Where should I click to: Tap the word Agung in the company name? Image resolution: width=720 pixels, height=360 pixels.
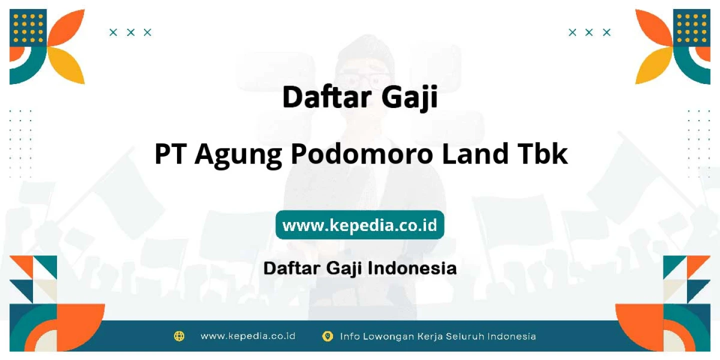pos(238,155)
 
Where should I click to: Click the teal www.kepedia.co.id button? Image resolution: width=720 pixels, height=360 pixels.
pos(359,224)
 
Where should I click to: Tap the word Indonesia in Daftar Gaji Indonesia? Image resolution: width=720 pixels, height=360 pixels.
pos(412,268)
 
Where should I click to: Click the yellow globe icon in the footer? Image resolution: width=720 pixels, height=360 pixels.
pos(179,336)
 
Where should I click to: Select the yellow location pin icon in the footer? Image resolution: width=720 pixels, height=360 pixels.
pos(327,336)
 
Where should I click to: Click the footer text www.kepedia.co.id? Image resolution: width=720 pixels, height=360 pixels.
pos(248,336)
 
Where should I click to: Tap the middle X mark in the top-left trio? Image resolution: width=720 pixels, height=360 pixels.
pos(130,32)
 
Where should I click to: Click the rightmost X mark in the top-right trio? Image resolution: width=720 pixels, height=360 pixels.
pos(606,32)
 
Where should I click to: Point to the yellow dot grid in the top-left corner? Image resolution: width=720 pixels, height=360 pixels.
pos(28,28)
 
